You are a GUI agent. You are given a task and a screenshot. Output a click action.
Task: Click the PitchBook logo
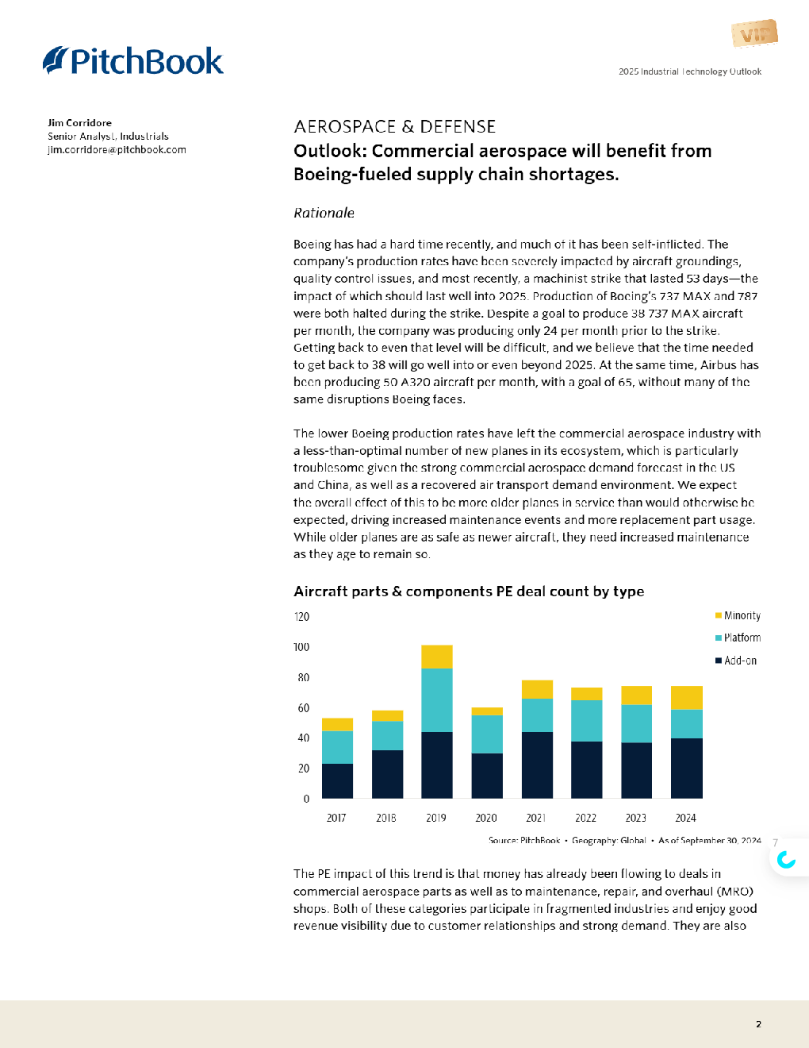(133, 61)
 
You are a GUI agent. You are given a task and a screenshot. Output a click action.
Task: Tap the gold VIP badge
(754, 34)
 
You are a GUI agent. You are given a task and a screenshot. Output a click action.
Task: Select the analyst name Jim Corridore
(79, 123)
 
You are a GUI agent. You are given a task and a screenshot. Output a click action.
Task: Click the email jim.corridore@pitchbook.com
(117, 150)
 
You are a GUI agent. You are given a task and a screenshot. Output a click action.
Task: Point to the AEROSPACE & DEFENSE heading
(394, 127)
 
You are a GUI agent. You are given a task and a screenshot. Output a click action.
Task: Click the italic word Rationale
(324, 213)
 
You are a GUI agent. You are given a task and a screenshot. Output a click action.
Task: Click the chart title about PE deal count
(468, 591)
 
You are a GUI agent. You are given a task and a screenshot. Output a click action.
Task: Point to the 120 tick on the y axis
(301, 617)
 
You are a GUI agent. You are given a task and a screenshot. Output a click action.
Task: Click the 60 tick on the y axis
(303, 708)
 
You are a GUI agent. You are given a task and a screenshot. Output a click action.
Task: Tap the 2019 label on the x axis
(436, 818)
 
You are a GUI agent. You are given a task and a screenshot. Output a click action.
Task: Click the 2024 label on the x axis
(685, 818)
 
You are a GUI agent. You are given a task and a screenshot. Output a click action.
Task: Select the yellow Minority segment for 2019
(437, 657)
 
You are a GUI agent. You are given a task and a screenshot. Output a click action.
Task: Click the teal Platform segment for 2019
(437, 699)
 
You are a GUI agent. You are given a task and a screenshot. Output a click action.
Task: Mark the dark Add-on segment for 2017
(337, 780)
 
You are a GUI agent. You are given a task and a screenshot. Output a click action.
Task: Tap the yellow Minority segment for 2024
(687, 698)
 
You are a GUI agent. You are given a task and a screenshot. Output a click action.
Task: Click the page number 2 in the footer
(758, 1024)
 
